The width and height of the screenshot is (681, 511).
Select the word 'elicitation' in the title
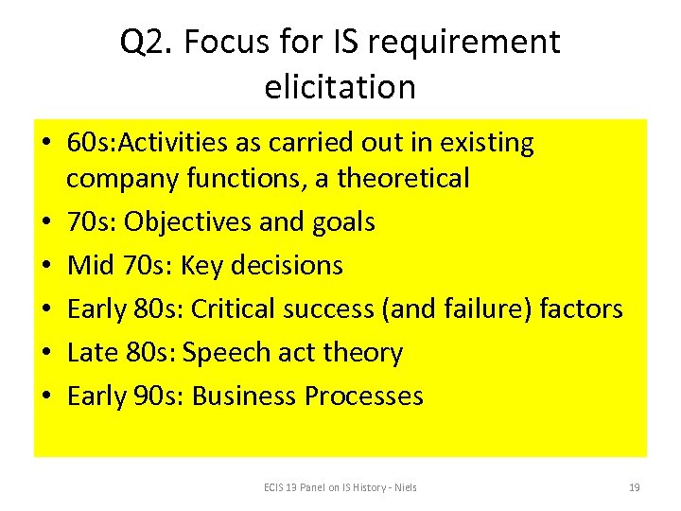pyautogui.click(x=340, y=87)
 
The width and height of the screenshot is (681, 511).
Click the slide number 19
pyautogui.click(x=634, y=487)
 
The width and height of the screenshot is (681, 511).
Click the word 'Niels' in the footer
pyautogui.click(x=404, y=487)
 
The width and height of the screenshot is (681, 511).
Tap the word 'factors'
pyautogui.click(x=581, y=309)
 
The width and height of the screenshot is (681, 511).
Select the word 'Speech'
pyautogui.click(x=225, y=353)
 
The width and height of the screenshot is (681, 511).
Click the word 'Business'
pyautogui.click(x=244, y=396)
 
